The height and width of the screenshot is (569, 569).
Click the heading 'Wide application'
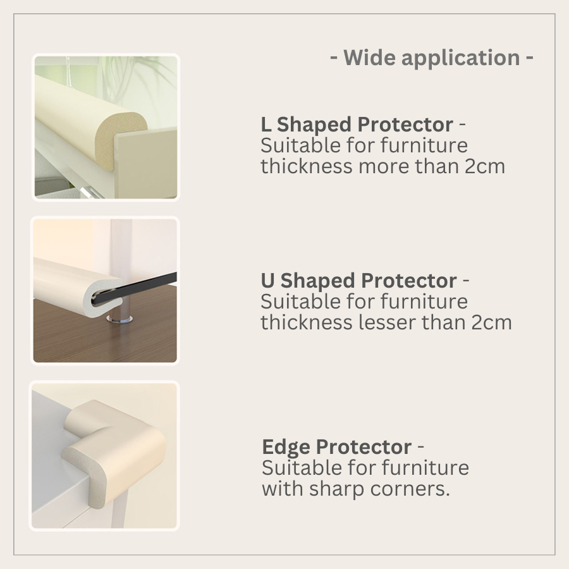coord(432,58)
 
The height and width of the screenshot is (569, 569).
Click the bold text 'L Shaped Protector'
coord(357,125)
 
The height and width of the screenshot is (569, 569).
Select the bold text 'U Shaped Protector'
coord(358,281)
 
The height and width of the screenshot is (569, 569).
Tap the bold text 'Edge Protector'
coord(336,447)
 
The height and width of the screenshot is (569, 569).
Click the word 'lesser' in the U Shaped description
coord(386,322)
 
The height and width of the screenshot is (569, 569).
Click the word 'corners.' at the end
coord(410,489)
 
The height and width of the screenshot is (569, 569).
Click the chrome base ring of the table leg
coord(119,319)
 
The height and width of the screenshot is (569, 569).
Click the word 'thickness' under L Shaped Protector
coord(307,166)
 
